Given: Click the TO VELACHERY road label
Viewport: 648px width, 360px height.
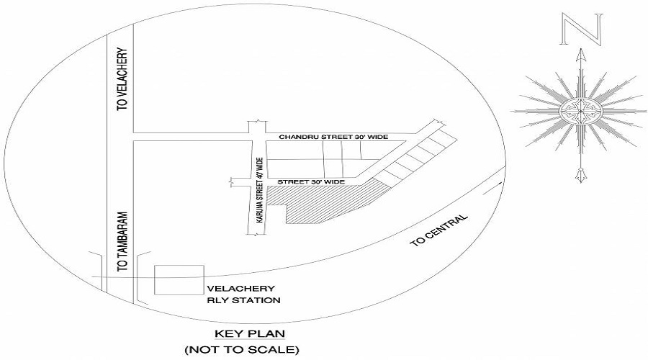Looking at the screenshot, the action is tap(122, 79).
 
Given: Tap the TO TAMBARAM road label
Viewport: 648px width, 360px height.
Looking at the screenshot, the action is tap(122, 242).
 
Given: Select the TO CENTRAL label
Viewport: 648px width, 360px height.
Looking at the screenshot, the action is tap(439, 230).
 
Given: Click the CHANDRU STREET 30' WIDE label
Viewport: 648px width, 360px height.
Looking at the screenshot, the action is tap(333, 137).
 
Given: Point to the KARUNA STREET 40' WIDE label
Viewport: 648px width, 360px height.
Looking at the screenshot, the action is tap(259, 191).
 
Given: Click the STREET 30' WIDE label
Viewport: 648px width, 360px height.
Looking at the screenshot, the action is tap(311, 182).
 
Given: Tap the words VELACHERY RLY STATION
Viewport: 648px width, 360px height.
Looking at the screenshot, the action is tap(243, 294).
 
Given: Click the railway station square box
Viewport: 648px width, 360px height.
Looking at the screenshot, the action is tap(179, 280).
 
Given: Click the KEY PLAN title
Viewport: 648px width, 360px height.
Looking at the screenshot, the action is tap(250, 333).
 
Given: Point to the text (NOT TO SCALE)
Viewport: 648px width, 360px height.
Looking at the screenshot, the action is tap(242, 350).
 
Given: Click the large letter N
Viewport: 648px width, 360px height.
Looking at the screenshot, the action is tap(581, 29).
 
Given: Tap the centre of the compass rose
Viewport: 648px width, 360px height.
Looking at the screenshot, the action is tap(580, 111).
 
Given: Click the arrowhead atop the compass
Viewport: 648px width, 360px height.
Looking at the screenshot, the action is tap(582, 55).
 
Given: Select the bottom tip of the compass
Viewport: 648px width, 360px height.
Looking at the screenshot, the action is tap(581, 182).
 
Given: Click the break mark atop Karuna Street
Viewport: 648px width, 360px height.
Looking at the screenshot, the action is tap(256, 122).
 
